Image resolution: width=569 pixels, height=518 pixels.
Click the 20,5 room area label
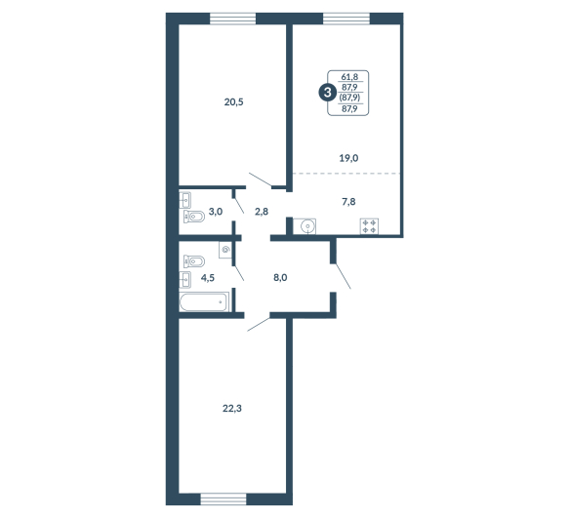pos(233,102)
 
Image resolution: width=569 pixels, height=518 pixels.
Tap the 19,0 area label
pos(348,158)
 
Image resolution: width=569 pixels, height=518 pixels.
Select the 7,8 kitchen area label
pos(348,202)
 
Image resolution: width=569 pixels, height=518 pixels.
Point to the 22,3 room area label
pos(232,409)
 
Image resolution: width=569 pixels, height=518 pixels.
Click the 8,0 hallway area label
pos(280,278)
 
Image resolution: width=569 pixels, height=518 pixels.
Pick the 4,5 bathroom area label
pos(208,278)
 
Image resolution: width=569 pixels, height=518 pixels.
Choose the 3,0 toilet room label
pos(216,211)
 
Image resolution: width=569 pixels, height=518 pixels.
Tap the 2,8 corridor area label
pos(262,211)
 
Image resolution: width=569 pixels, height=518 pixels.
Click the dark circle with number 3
pos(328,93)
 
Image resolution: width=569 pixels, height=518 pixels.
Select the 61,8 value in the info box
pos(349,76)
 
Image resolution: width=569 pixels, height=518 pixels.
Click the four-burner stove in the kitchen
pos(369,226)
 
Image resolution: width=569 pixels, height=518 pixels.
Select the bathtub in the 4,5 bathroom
pos(204,301)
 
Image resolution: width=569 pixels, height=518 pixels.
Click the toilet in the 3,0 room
pos(194,217)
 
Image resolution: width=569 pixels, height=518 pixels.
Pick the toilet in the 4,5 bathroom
pos(194,261)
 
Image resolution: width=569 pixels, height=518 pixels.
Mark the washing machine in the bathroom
pos(225,250)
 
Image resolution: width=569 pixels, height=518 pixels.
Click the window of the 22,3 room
pos(224,498)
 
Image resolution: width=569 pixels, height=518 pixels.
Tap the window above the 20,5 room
pos(233,19)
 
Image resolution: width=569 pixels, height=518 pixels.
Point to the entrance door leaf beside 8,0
pos(343,276)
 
